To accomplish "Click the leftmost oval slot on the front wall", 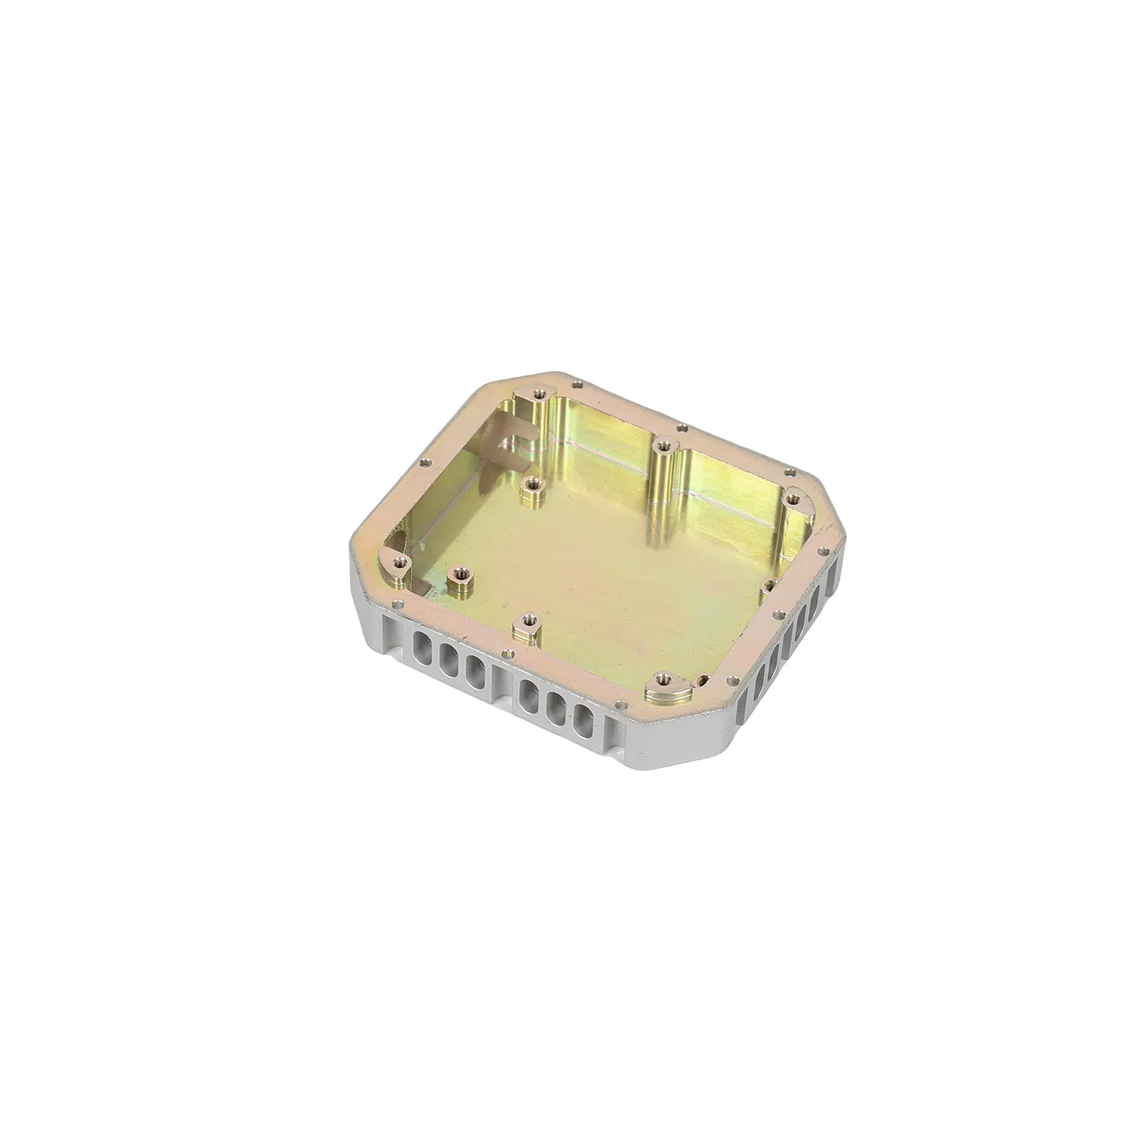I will pos(420,643).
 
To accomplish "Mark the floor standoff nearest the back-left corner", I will pos(531,484).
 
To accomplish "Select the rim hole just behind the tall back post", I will pos(681,429).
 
